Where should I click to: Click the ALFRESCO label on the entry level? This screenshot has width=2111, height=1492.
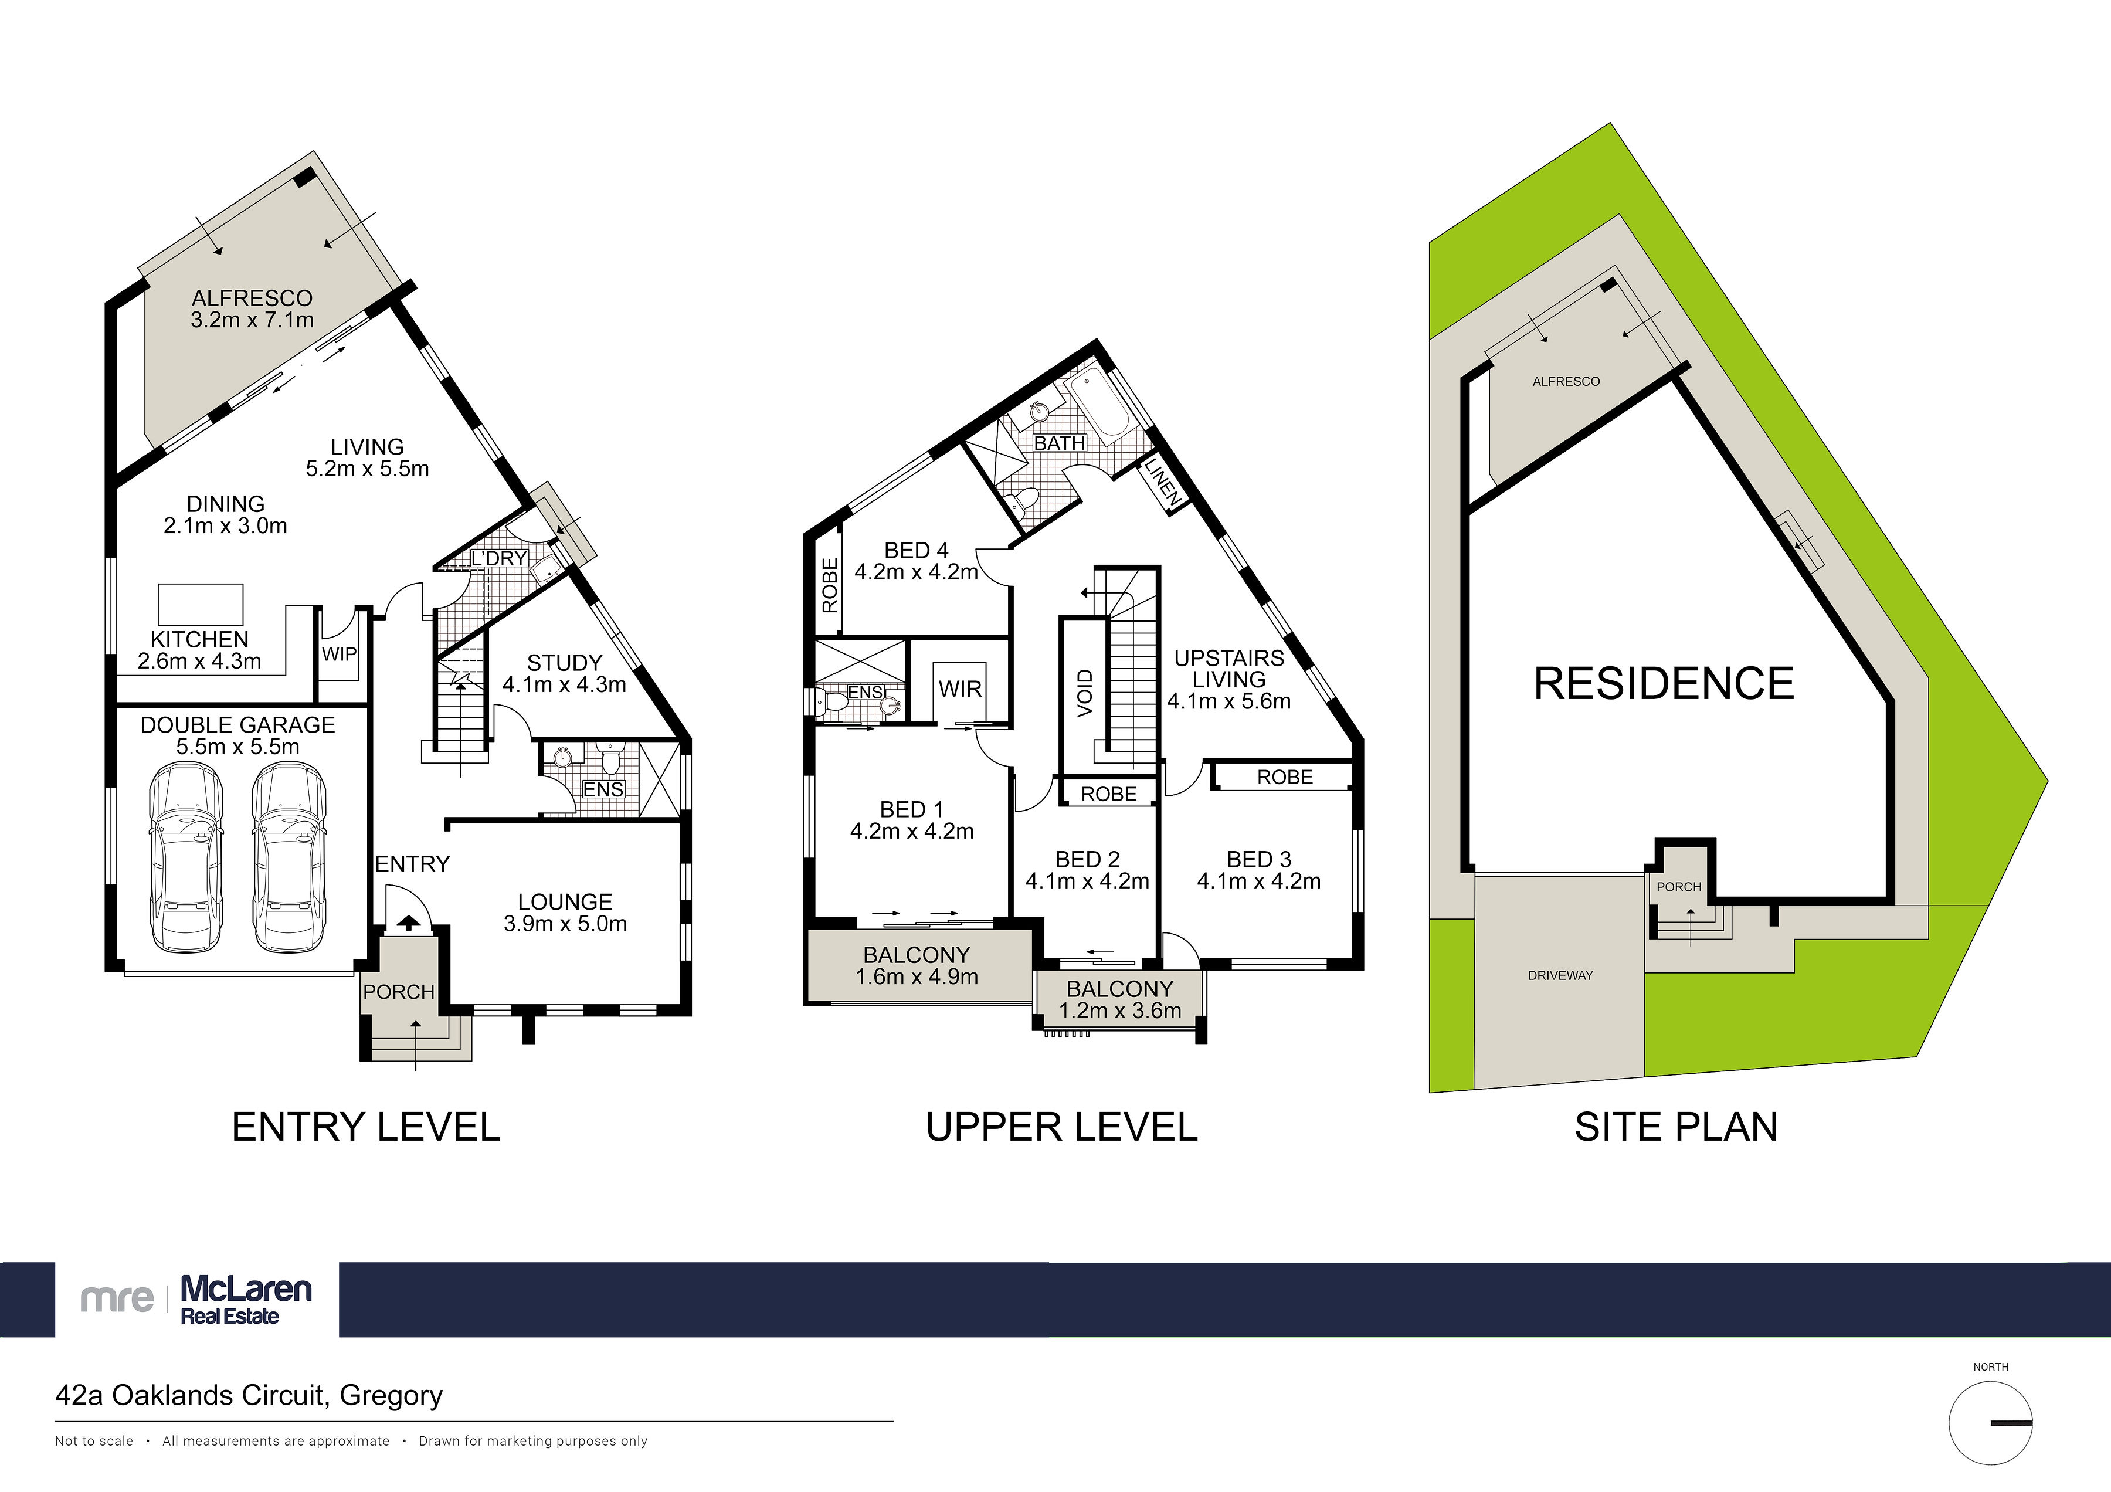[252, 298]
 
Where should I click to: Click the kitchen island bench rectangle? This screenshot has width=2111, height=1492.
[201, 605]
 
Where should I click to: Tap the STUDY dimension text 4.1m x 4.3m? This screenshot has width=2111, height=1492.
[565, 685]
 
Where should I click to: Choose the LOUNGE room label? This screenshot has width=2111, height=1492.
[565, 902]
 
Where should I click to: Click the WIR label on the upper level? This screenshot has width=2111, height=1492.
[960, 690]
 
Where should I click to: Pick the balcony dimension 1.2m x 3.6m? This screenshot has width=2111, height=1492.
[1120, 1011]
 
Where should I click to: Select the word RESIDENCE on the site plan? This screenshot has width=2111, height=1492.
[1664, 684]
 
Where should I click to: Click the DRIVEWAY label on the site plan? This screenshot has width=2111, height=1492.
[1560, 975]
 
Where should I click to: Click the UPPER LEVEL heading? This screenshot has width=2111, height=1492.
[1062, 1127]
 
